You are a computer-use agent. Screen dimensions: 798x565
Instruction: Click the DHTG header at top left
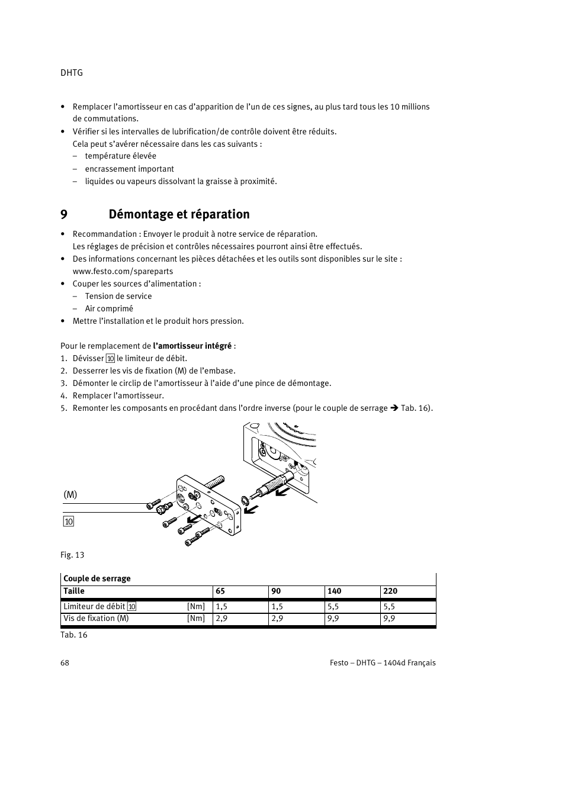[x=72, y=73]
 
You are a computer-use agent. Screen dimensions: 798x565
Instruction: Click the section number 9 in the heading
[x=63, y=214]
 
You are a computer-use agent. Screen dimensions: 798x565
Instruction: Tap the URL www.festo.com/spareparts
[x=123, y=271]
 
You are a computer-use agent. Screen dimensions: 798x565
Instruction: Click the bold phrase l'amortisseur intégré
[x=192, y=346]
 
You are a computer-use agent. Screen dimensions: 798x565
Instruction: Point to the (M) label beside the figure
[x=70, y=494]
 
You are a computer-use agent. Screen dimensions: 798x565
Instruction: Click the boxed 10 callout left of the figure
[x=69, y=522]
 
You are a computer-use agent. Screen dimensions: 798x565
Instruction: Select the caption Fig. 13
[x=72, y=555]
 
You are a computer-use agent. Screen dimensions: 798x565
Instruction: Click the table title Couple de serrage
[x=97, y=578]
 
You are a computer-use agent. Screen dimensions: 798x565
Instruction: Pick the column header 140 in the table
[x=334, y=591]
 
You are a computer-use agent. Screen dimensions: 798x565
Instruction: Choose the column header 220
[x=390, y=591]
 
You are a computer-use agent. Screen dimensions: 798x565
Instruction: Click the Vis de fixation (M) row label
[x=96, y=618]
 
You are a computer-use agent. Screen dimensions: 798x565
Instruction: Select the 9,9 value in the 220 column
[x=389, y=618]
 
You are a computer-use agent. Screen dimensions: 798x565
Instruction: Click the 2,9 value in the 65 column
[x=221, y=618]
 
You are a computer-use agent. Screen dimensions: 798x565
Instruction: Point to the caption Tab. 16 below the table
[x=74, y=635]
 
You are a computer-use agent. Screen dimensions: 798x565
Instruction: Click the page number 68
[x=65, y=662]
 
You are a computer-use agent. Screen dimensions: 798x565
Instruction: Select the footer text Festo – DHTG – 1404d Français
[x=383, y=662]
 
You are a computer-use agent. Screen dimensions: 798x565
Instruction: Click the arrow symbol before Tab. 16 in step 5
[x=394, y=408]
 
